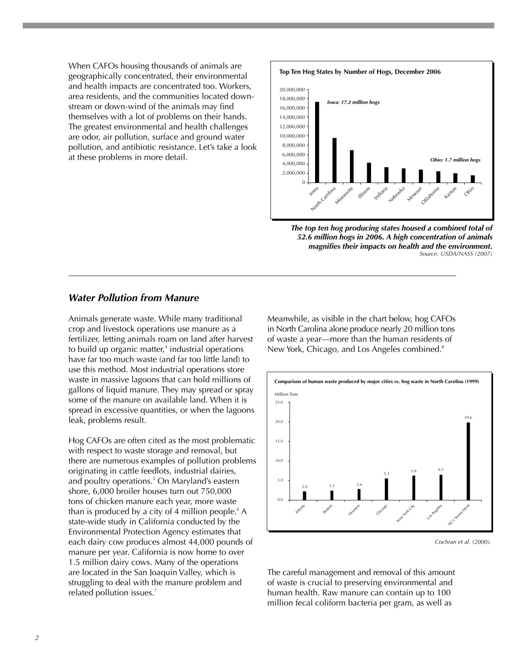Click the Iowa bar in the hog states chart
coord(317,142)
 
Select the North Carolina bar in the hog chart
coord(334,160)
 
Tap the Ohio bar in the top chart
coord(472,179)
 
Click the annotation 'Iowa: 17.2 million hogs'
coord(353,102)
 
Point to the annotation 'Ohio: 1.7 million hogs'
coord(455,160)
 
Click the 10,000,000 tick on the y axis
coord(292,136)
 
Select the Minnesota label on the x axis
coord(344,196)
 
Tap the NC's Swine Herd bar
coord(468,461)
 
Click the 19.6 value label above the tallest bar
coord(468,418)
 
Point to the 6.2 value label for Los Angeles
coord(441,469)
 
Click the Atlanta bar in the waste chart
coord(305,495)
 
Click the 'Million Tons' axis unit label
coord(286,394)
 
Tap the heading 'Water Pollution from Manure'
coord(133,298)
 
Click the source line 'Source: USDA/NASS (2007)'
coord(456,253)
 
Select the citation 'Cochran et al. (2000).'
coord(463,542)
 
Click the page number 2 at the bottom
coord(37,638)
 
